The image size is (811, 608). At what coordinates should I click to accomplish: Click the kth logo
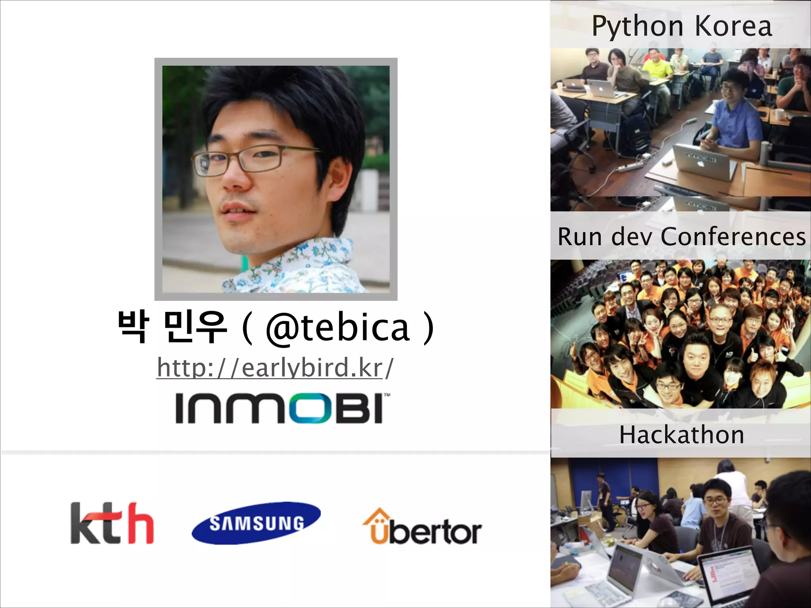(x=112, y=523)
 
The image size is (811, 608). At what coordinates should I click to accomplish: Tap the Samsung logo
(x=256, y=523)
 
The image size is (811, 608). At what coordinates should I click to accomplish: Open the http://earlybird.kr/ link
(x=275, y=367)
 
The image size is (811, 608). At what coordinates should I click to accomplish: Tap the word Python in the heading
(x=638, y=27)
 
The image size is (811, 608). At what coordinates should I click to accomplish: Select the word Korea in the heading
(x=733, y=26)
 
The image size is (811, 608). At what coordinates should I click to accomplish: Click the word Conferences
(x=733, y=237)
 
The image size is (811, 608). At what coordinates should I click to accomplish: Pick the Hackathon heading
(x=682, y=435)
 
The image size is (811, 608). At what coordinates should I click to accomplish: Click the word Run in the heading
(x=580, y=237)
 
